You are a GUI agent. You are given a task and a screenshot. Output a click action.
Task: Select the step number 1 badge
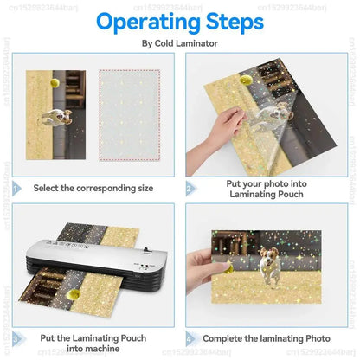point(16,187)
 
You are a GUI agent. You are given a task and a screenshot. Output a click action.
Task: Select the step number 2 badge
point(190,187)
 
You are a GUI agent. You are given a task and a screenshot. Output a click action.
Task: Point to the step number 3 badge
point(16,339)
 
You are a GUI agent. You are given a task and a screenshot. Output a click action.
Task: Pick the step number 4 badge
point(190,339)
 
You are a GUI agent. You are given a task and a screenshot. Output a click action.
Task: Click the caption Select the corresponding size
point(93,187)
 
